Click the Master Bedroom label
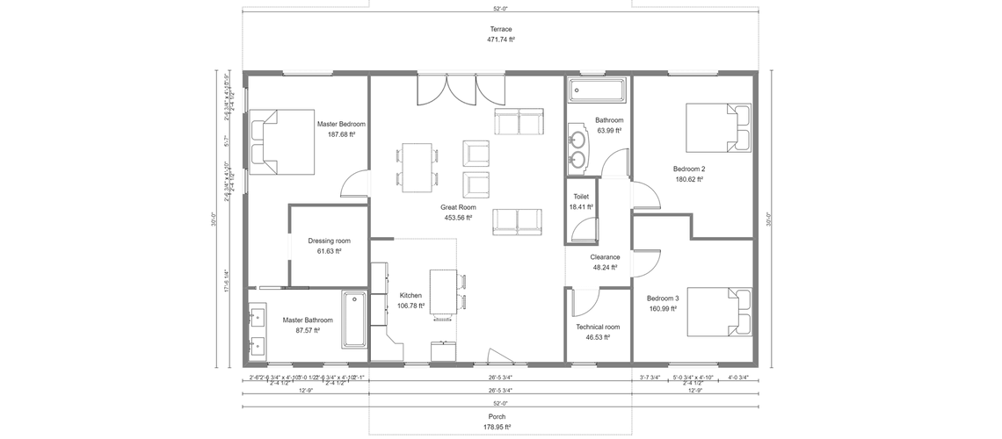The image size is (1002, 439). pyautogui.click(x=341, y=124)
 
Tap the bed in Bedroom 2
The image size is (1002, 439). pyautogui.click(x=717, y=127)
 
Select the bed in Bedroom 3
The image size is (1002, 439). pyautogui.click(x=719, y=313)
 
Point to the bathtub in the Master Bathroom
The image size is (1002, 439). pyautogui.click(x=353, y=319)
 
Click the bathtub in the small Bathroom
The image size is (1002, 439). pyautogui.click(x=597, y=90)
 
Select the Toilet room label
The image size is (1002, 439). pyautogui.click(x=581, y=197)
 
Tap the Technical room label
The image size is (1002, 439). pyautogui.click(x=598, y=327)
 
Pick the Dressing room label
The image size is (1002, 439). pyautogui.click(x=329, y=241)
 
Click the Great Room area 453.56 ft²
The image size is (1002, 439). pyautogui.click(x=457, y=217)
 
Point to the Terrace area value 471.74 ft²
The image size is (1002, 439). pyautogui.click(x=501, y=40)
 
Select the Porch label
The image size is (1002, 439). pyautogui.click(x=497, y=416)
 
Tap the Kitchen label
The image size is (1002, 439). pyautogui.click(x=410, y=295)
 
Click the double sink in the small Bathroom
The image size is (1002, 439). pyautogui.click(x=577, y=147)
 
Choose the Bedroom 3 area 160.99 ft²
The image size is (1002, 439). pyautogui.click(x=662, y=308)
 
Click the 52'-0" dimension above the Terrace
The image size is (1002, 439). pyautogui.click(x=500, y=9)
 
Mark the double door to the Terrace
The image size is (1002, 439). pyautogui.click(x=461, y=90)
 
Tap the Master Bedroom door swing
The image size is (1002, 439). pyautogui.click(x=355, y=182)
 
